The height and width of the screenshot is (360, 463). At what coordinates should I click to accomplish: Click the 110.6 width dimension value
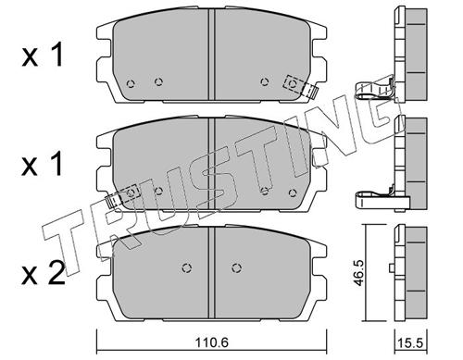point(212,342)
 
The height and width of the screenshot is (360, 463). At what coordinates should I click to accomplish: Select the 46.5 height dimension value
point(359,273)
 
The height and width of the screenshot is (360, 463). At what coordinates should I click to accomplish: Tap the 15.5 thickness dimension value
point(410,343)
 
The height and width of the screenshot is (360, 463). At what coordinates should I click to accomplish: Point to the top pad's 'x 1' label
point(43,56)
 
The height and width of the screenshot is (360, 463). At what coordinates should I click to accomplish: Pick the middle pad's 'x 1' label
point(43,164)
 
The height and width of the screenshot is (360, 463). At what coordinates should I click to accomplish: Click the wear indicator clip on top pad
point(301,86)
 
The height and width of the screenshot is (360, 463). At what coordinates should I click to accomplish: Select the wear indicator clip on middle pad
point(122,196)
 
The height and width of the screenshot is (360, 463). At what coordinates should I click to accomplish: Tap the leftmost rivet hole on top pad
point(131,83)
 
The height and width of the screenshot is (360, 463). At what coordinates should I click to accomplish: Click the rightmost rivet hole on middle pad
point(293,192)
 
